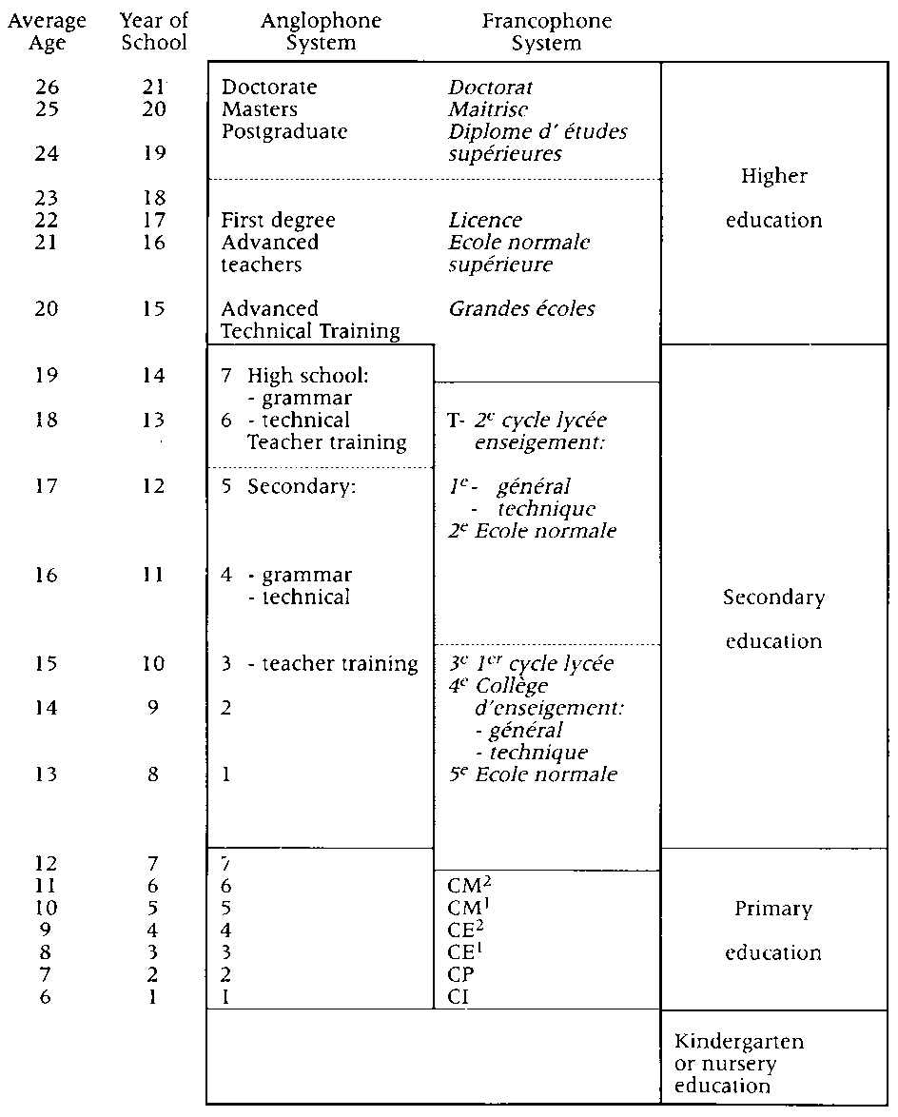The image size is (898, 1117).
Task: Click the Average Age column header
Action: coord(47,31)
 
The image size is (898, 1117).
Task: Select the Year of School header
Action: coord(154,31)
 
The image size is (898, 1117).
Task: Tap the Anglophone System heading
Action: coord(308,31)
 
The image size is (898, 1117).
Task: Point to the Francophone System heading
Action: coord(546,31)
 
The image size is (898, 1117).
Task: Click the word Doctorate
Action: coord(269,88)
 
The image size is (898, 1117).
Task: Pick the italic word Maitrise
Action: coord(489,109)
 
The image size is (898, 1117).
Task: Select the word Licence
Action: coord(485,221)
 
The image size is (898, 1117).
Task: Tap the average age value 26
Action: coord(48,88)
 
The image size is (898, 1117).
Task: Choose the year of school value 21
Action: coord(154,88)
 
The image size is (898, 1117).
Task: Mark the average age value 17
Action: coord(48,487)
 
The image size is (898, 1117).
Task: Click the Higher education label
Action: coord(773,198)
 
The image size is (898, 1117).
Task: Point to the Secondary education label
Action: coord(773,619)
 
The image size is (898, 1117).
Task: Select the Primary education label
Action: coord(773,931)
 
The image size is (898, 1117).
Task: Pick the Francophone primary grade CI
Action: coord(459,997)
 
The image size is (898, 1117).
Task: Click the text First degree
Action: coord(278,221)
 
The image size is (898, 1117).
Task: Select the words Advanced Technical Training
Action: coord(310,321)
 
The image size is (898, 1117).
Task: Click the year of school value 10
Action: coord(154,664)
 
